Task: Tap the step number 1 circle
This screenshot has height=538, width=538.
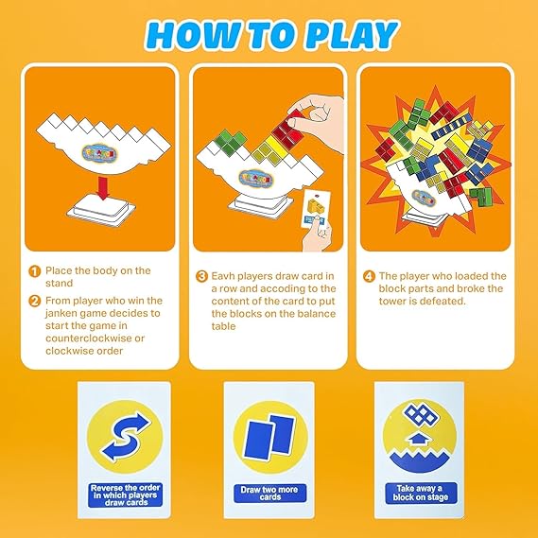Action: pos(34,271)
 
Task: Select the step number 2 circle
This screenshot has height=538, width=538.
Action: pos(34,301)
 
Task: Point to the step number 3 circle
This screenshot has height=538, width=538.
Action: pos(201,276)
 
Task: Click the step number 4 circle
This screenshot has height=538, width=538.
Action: pos(369,276)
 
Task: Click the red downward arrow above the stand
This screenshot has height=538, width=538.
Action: pos(103,187)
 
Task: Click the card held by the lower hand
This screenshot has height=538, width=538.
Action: pos(316,208)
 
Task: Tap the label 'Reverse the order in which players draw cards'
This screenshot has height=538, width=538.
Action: pos(125,495)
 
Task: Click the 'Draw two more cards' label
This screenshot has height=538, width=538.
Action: pos(269,493)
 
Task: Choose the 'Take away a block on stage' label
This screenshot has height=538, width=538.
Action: pos(421,493)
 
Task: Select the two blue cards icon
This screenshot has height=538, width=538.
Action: pos(269,436)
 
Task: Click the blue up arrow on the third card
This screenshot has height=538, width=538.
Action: pos(416,439)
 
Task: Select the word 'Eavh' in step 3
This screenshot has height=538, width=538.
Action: pos(223,276)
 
